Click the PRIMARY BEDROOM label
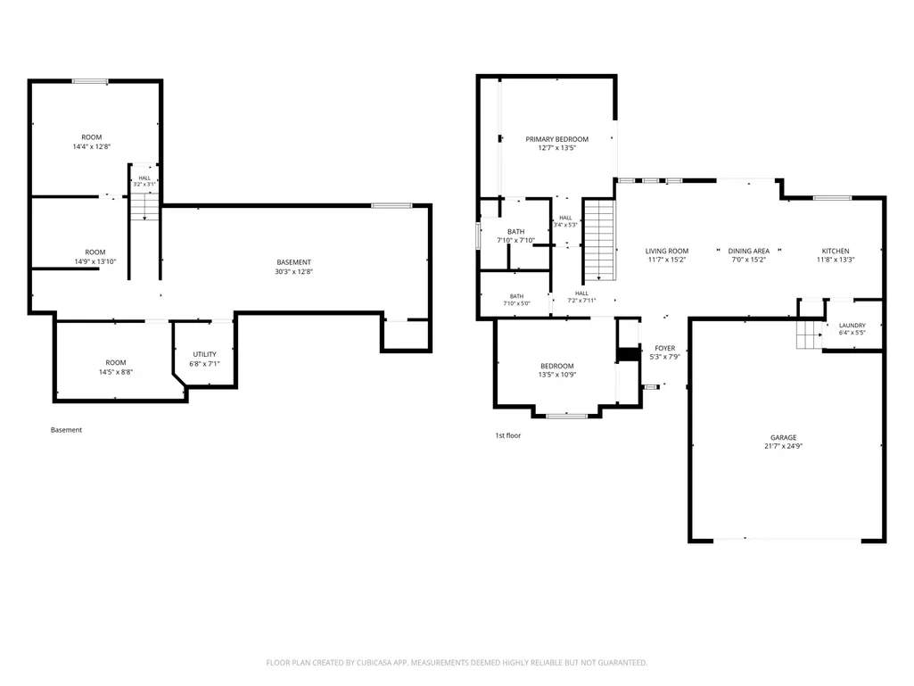pyautogui.click(x=556, y=139)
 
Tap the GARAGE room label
pyautogui.click(x=784, y=437)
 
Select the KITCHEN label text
pyautogui.click(x=836, y=251)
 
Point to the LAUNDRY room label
pyautogui.click(x=852, y=326)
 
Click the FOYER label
pyautogui.click(x=665, y=348)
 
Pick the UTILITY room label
pyautogui.click(x=204, y=355)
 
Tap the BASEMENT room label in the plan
pyautogui.click(x=293, y=262)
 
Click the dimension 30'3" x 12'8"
pyautogui.click(x=293, y=272)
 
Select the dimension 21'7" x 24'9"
pyautogui.click(x=784, y=446)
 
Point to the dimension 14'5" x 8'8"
pyautogui.click(x=116, y=372)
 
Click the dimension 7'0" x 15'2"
pyautogui.click(x=748, y=260)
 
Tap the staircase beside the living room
pyautogui.click(x=599, y=240)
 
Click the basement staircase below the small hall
pyautogui.click(x=144, y=206)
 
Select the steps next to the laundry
pyautogui.click(x=809, y=335)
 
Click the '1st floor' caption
pyautogui.click(x=507, y=435)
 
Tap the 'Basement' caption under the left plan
pyautogui.click(x=67, y=430)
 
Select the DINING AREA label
pyautogui.click(x=748, y=251)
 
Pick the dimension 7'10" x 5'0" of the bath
pyautogui.click(x=516, y=303)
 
